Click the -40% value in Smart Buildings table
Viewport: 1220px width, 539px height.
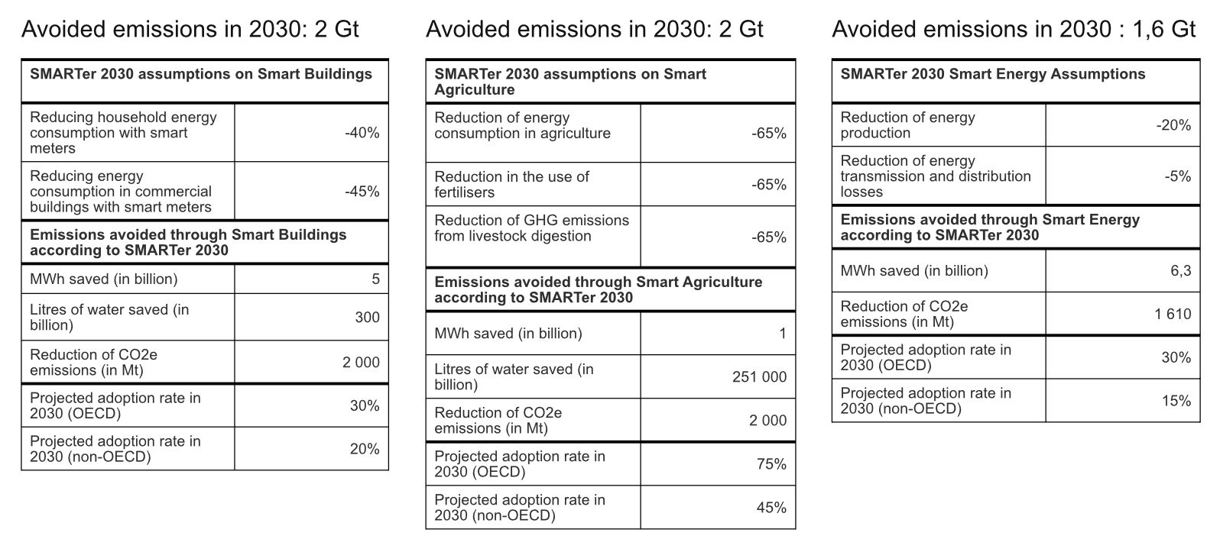(x=362, y=133)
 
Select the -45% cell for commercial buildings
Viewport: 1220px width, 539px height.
(x=362, y=192)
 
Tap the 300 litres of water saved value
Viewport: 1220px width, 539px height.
(x=367, y=318)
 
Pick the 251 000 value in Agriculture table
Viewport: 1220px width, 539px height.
(x=759, y=377)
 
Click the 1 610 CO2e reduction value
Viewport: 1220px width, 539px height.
(x=1173, y=314)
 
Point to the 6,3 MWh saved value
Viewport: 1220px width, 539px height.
(x=1180, y=271)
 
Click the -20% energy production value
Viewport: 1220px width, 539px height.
(x=1173, y=125)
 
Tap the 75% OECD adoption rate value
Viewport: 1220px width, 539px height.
(x=771, y=464)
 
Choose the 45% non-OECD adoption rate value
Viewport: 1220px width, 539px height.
(x=771, y=508)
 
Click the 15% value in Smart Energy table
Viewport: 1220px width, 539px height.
(x=1176, y=401)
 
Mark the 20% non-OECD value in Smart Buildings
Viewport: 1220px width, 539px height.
(x=365, y=449)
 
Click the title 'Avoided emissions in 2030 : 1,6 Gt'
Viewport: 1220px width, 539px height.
(x=1013, y=29)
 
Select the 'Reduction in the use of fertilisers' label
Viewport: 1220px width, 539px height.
(x=511, y=185)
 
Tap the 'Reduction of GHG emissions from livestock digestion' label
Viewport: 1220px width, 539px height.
(x=531, y=228)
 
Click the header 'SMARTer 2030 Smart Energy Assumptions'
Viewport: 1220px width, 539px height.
(x=992, y=74)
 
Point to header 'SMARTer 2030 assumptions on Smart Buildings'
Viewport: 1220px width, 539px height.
(x=201, y=74)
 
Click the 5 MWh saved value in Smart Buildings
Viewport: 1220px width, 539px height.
(x=375, y=279)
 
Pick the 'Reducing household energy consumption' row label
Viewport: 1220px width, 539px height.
(x=123, y=133)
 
